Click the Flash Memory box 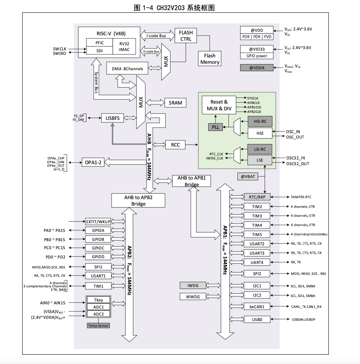pos(210,59)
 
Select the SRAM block pos(175,103)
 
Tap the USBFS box pos(112,118)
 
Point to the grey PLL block pos(215,127)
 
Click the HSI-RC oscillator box pos(260,122)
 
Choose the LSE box pos(260,160)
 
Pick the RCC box pos(175,145)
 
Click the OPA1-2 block pos(93,163)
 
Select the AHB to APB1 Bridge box pos(191,181)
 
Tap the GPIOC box pos(98,248)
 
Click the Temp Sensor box pos(99,326)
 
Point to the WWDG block pos(193,297)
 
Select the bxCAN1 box pos(257,307)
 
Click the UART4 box pos(257,262)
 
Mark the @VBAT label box pos(248,176)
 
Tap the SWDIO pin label pos(59,54)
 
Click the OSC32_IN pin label pos(295,158)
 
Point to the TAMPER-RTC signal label pos(301,197)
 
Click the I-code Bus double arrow pos(156,36)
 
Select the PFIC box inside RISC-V pos(100,43)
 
